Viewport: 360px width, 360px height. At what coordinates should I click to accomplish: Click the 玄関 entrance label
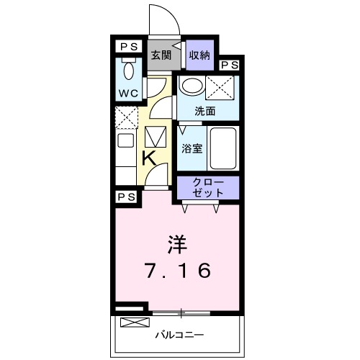click(160, 55)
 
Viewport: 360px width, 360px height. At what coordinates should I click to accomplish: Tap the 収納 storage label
click(199, 55)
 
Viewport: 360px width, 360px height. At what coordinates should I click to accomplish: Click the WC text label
click(128, 94)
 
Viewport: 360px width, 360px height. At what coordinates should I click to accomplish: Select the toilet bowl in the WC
click(129, 71)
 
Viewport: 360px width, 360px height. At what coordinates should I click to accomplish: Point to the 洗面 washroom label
click(206, 111)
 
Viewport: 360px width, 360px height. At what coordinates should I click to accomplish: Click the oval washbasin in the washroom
click(191, 87)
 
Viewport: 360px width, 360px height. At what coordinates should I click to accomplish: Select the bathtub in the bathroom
click(224, 147)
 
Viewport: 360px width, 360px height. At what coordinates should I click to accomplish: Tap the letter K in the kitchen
click(149, 158)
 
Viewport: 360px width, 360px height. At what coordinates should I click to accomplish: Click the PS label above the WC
click(128, 45)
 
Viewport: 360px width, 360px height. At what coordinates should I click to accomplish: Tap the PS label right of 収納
click(230, 65)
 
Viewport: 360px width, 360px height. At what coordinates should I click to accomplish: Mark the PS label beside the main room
click(127, 196)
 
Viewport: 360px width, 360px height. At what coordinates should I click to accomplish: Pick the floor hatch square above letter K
click(156, 137)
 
